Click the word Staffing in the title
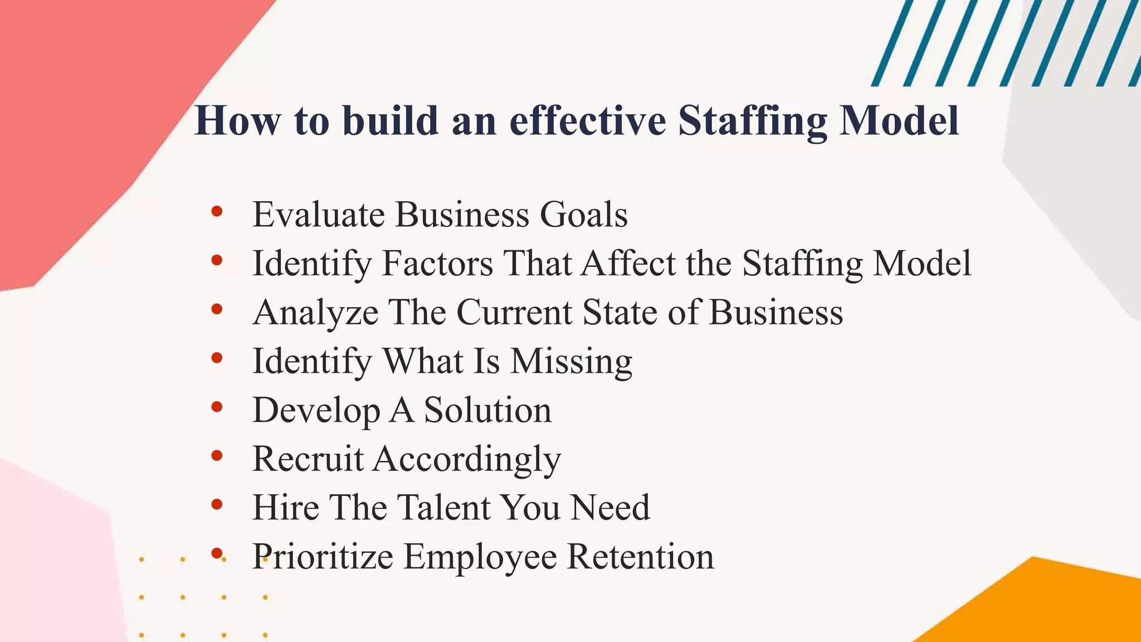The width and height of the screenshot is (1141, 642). click(752, 121)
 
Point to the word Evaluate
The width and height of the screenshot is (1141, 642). click(318, 215)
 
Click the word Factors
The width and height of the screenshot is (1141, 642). click(437, 263)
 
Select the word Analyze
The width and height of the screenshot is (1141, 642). click(315, 312)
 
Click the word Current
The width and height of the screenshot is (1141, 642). click(515, 312)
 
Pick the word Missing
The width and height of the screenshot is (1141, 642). click(571, 361)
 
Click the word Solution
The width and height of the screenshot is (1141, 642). click(488, 410)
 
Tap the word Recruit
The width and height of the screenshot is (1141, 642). click(308, 459)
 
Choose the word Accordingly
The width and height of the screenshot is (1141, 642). click(467, 460)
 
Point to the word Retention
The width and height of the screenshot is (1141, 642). click(640, 556)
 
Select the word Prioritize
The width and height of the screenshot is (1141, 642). click(323, 556)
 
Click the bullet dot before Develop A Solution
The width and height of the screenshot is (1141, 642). click(217, 407)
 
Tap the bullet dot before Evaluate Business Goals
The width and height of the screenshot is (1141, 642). click(217, 212)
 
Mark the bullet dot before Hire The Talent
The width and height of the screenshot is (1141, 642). click(217, 505)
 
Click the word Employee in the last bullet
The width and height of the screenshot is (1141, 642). click(480, 556)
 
